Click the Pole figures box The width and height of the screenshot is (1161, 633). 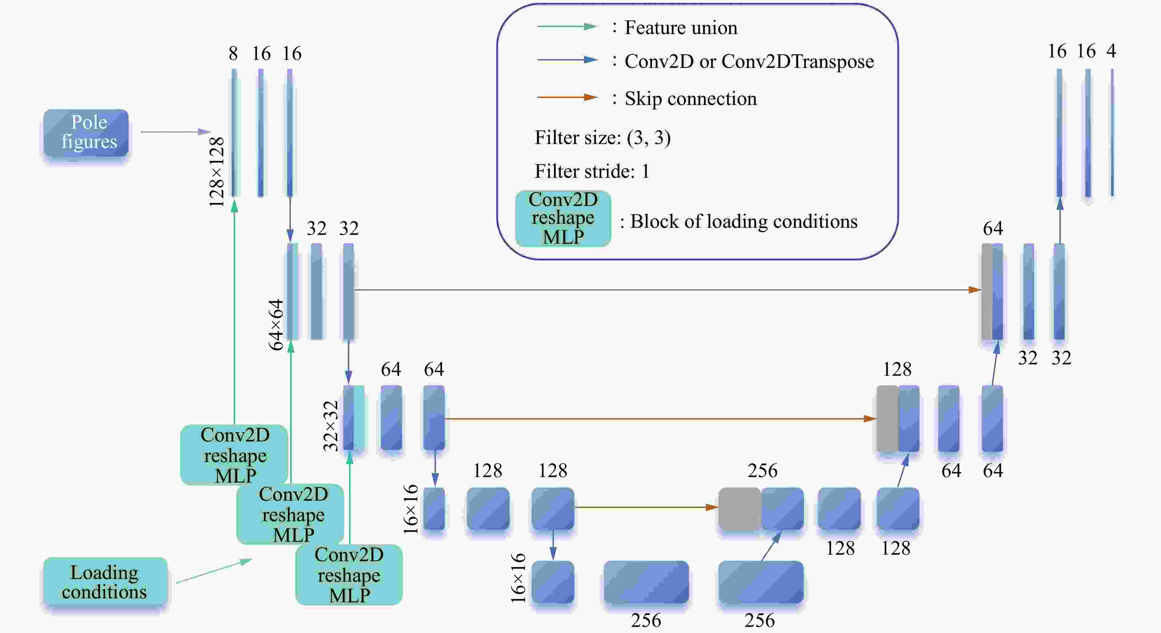pos(86,133)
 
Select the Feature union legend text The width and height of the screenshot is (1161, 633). pos(681,28)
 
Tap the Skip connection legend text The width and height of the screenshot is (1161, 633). pos(690,99)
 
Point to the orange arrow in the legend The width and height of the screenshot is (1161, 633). pos(567,97)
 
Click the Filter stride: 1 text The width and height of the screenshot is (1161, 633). pos(592,171)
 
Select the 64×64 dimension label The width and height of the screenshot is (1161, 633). pos(276,325)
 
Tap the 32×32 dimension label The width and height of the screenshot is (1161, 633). pos(330,426)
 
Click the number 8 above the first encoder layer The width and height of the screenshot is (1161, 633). pos(233,54)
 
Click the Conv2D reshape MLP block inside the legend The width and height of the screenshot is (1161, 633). pos(563,219)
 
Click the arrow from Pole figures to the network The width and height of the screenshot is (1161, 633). pos(176,132)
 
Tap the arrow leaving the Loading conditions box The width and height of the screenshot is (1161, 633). pos(214,571)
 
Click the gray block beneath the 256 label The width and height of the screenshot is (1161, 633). pos(740,509)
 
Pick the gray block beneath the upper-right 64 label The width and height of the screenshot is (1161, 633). pos(987,292)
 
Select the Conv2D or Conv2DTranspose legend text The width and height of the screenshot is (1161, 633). pos(749,62)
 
